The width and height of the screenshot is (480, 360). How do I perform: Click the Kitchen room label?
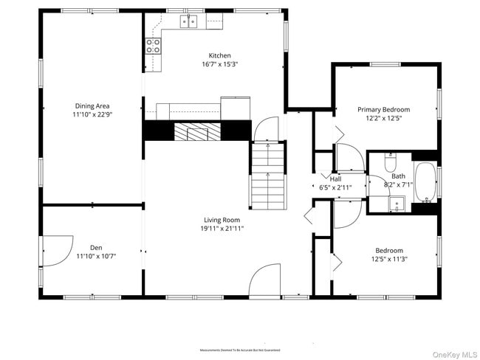[219, 55]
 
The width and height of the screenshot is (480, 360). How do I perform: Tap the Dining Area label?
[92, 105]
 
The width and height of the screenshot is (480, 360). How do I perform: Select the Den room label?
[96, 247]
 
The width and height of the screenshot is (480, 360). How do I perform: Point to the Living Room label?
[222, 220]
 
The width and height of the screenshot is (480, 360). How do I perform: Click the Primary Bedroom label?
[383, 109]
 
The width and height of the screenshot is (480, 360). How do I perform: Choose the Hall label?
[335, 179]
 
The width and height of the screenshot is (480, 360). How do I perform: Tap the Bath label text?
[398, 176]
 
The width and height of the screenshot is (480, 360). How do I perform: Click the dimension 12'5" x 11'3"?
[388, 259]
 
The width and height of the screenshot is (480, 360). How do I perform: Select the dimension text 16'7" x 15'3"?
[219, 64]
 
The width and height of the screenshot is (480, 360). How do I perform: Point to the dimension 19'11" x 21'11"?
[222, 229]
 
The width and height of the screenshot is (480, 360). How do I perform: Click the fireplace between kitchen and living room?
[197, 131]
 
